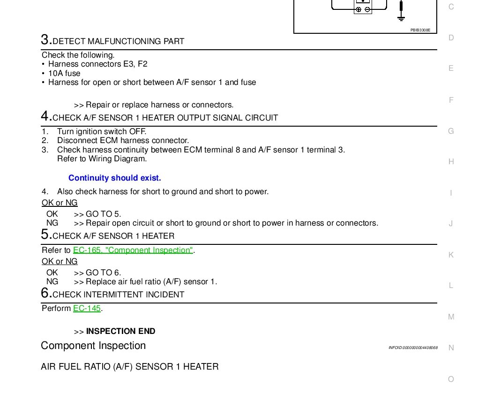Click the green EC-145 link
[x=87, y=309]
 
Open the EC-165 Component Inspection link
[x=133, y=250]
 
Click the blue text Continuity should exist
[x=115, y=178]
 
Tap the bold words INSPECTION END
[x=120, y=331]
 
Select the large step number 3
[x=45, y=40]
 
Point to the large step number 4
[x=45, y=116]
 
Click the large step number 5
[x=45, y=235]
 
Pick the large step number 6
[x=45, y=293]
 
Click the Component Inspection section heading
[x=93, y=346]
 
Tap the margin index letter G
[x=451, y=131]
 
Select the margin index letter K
[x=451, y=255]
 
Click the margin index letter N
[x=451, y=348]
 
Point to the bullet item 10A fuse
[x=64, y=74]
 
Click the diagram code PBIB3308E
[x=420, y=30]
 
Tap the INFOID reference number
[x=413, y=348]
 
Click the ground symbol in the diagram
[x=401, y=18]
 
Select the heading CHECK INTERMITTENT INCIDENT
[x=118, y=295]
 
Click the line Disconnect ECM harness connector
[x=123, y=141]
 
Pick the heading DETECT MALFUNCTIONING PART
[x=119, y=41]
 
